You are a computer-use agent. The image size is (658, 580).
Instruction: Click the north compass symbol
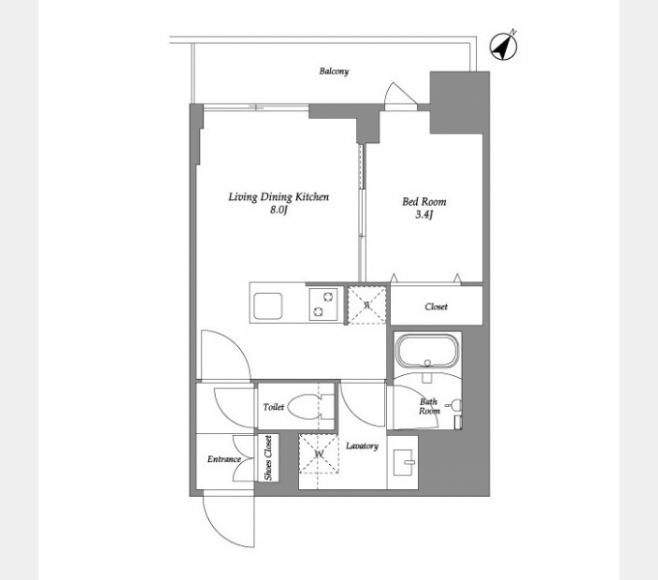coord(503,46)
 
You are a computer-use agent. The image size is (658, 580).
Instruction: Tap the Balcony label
coord(334,72)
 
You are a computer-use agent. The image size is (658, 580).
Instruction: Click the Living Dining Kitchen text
coord(279,197)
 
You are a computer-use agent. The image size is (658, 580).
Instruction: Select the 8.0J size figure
coord(279,210)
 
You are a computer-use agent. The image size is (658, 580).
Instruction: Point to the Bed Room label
coord(424,202)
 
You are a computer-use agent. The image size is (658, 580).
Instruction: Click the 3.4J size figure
coord(424,215)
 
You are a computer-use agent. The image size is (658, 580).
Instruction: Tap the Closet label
coord(436,306)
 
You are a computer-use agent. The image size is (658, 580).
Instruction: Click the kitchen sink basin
coord(268,305)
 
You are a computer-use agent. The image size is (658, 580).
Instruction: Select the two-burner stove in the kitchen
coord(323,304)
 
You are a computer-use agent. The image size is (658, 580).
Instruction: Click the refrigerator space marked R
coord(367,304)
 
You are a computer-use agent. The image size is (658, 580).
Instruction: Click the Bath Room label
coord(430,406)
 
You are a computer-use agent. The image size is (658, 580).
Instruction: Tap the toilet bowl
coord(307,407)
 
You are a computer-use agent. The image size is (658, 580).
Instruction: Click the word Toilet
coord(274,407)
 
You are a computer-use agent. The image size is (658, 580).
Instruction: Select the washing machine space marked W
coord(318,454)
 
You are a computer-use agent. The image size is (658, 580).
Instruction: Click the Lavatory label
coord(362,446)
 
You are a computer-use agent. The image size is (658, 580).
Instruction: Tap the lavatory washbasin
coord(403,462)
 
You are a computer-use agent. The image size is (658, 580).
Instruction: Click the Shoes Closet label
coord(268,458)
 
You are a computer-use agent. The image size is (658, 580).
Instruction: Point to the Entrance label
coord(224,459)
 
